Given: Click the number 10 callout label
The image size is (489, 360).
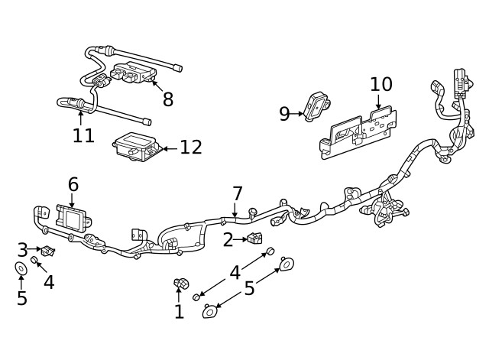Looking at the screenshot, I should tap(381, 83).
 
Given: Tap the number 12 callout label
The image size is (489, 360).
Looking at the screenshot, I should tap(191, 147).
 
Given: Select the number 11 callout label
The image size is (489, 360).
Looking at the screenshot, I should tap(83, 135).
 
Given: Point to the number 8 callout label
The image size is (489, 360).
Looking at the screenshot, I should tap(168, 99).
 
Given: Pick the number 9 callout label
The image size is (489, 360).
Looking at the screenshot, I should tap(284, 114).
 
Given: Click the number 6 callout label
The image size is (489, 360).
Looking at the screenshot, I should tap(73, 184).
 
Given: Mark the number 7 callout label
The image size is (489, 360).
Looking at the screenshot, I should tap(238, 193).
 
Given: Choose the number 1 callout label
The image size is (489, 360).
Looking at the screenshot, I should tap(179, 311).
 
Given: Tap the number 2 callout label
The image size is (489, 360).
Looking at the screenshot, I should tap(228, 240).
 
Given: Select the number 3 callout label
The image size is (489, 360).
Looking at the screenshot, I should tap(22, 249).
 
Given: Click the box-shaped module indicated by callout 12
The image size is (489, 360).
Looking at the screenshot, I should tap(134, 146).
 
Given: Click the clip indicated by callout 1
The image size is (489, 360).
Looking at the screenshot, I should tap(180, 286).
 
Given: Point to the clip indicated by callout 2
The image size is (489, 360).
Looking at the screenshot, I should tap(254, 239).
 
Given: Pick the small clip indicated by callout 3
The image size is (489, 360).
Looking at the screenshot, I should tap(48, 250).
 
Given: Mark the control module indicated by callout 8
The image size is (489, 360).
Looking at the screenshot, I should tap(134, 73).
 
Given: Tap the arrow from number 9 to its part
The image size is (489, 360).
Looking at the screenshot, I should tap(298, 114).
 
